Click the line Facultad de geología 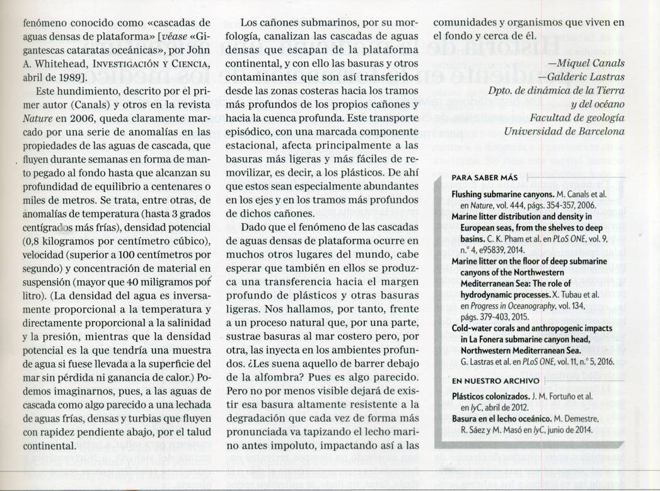click(577, 118)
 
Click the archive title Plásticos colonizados click(492, 396)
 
